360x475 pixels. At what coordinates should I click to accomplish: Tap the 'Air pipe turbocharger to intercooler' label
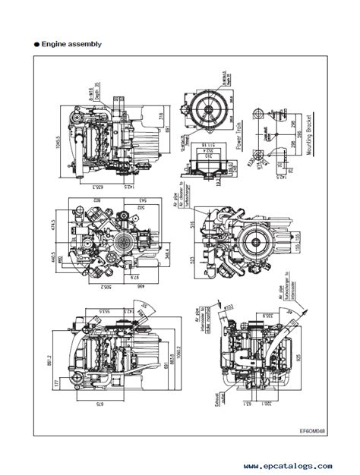[284, 292]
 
